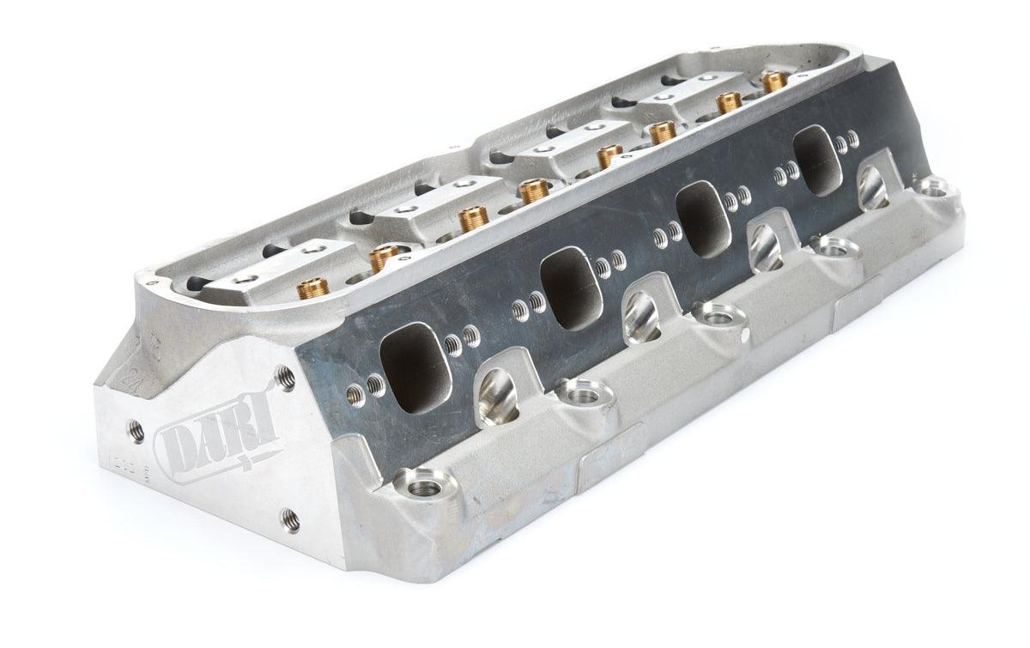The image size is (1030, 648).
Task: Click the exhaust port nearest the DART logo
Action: (x=410, y=357)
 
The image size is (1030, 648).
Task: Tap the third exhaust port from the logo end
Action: (x=702, y=220)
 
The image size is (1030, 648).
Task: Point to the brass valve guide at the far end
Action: (x=774, y=81)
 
